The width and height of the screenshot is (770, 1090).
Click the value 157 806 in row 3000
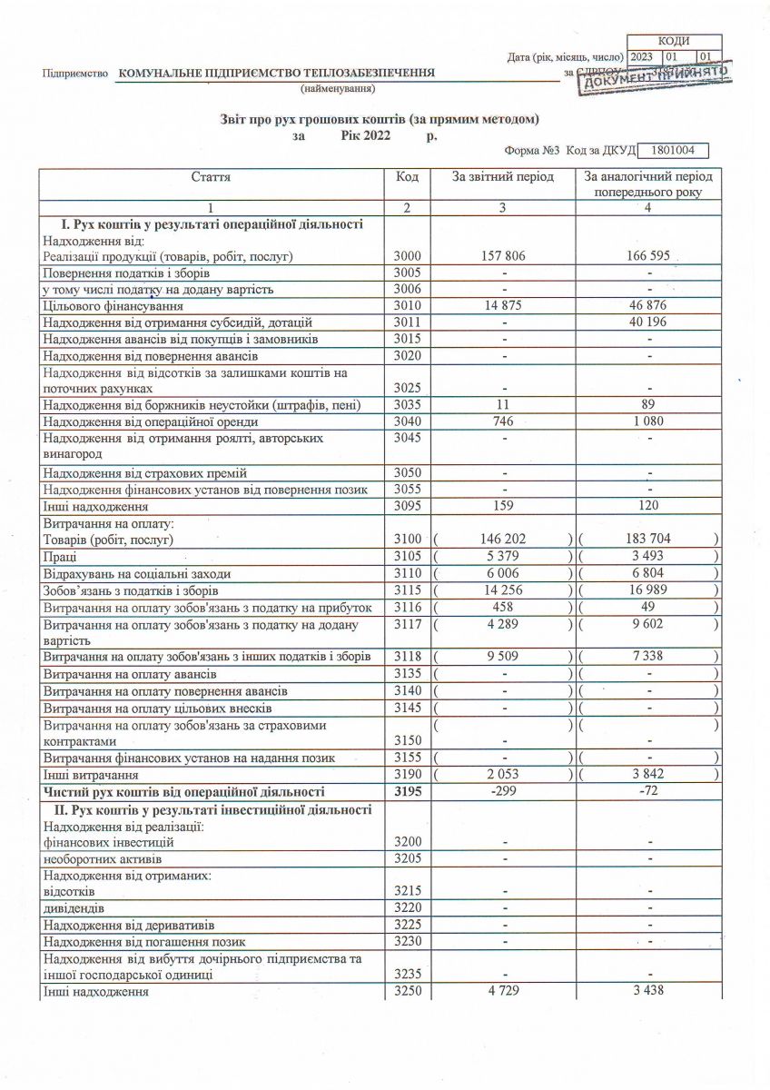502,257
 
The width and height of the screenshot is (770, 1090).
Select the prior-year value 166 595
647,257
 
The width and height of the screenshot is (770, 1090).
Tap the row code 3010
407,305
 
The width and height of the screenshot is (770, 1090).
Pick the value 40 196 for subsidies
647,322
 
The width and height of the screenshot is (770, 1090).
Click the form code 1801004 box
673,151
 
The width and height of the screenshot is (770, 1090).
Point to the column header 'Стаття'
211,177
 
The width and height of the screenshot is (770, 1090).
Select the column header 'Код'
407,177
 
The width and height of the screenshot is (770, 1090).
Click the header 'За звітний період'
502,177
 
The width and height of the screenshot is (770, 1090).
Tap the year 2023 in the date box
642,56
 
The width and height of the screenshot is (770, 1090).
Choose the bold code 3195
407,792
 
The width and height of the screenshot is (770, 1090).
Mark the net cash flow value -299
502,792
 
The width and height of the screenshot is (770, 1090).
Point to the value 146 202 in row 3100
502,540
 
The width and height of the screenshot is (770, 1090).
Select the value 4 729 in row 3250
502,990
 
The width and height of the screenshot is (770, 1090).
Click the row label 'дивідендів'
74,907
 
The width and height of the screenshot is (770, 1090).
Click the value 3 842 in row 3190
647,775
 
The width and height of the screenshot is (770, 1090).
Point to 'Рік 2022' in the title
365,135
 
